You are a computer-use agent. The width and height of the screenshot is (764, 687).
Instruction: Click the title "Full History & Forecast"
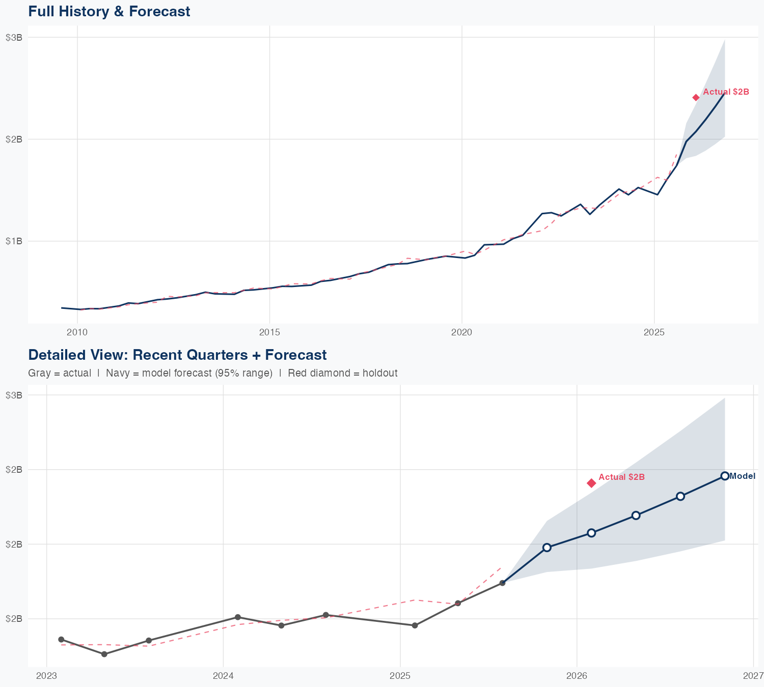pyautogui.click(x=109, y=11)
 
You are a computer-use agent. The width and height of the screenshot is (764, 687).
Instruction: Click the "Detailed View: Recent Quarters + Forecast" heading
pyautogui.click(x=177, y=355)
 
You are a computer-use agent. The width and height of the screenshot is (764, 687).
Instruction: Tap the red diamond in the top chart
pyautogui.click(x=696, y=98)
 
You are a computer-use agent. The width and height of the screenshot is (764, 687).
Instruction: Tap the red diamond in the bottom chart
pyautogui.click(x=591, y=483)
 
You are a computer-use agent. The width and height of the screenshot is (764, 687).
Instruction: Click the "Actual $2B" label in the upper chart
pyautogui.click(x=726, y=92)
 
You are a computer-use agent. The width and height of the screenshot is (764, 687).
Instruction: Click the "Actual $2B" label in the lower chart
pyautogui.click(x=621, y=477)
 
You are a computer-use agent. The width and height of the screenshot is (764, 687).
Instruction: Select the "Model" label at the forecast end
pyautogui.click(x=742, y=476)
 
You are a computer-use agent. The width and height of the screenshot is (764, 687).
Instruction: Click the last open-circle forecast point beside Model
pyautogui.click(x=725, y=476)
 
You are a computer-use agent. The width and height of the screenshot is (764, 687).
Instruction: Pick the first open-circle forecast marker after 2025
pyautogui.click(x=547, y=548)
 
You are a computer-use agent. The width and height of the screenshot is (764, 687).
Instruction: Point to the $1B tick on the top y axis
pyautogui.click(x=14, y=241)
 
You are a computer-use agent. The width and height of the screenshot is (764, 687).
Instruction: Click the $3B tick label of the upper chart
pyautogui.click(x=14, y=37)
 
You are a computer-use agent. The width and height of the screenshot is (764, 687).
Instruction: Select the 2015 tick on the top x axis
pyautogui.click(x=269, y=333)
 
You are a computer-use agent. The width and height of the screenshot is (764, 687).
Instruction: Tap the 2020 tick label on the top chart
pyautogui.click(x=462, y=333)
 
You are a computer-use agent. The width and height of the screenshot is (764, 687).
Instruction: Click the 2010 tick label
pyautogui.click(x=77, y=333)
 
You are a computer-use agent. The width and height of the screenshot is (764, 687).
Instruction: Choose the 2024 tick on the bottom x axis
pyautogui.click(x=223, y=676)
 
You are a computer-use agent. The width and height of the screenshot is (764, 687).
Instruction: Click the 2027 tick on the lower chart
pyautogui.click(x=753, y=676)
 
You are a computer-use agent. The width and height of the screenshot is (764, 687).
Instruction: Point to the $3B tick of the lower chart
pyautogui.click(x=14, y=395)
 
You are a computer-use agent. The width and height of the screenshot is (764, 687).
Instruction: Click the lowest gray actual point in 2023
pyautogui.click(x=104, y=654)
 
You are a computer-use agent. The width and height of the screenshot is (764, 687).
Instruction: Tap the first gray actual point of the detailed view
pyautogui.click(x=61, y=639)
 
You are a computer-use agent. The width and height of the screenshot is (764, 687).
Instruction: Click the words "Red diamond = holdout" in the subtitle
pyautogui.click(x=342, y=373)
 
